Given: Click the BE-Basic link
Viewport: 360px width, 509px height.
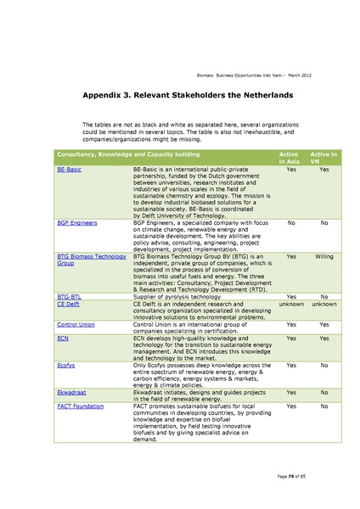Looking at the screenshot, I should tap(69, 170).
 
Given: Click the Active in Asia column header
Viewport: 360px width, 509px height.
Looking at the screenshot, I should tap(291, 158).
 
